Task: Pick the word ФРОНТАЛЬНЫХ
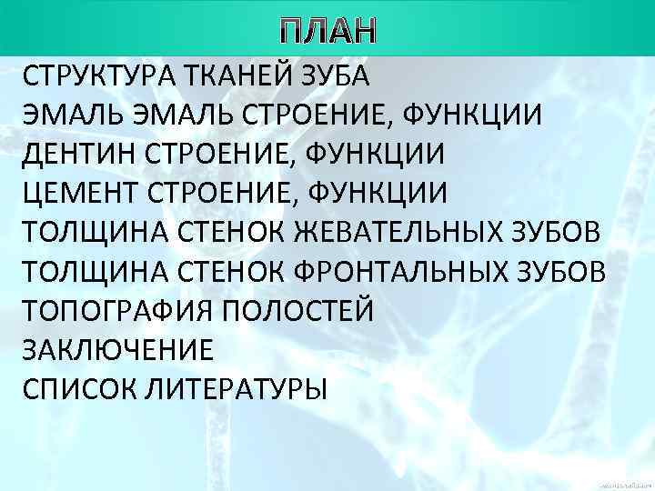[404, 272]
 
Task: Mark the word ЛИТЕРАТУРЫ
[225, 389]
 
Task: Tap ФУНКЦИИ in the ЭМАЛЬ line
[485, 115]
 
